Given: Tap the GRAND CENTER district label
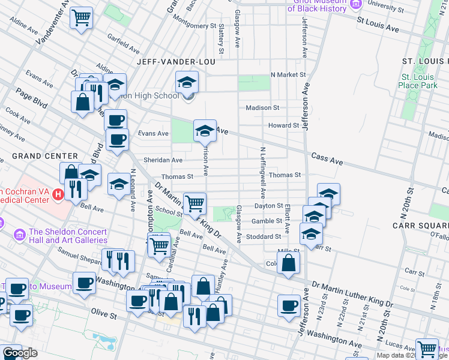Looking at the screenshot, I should click(44, 156).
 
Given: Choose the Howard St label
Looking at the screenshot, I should click(283, 125).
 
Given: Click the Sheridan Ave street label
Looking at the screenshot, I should click(163, 160).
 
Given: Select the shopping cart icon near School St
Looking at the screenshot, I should click(194, 203).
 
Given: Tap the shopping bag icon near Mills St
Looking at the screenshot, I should click(289, 263).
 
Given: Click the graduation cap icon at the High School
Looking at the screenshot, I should click(187, 81).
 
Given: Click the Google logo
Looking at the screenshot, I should click(20, 353).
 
